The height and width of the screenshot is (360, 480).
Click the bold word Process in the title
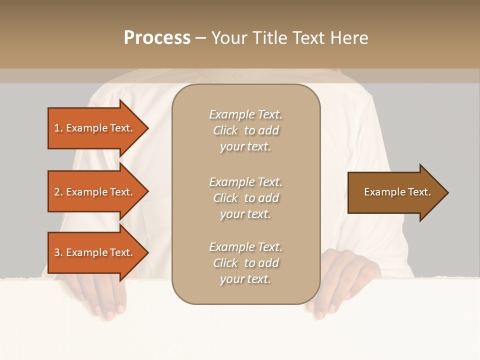pos(157,38)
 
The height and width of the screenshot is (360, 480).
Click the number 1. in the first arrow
pos(58,128)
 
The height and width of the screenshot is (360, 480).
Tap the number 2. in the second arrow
pos(58,192)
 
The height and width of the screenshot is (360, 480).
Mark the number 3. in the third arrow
pos(58,252)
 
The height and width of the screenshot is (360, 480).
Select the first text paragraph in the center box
pos(245,130)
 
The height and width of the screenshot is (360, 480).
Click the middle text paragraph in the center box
pos(245,198)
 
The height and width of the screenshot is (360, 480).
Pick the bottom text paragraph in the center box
pos(245,263)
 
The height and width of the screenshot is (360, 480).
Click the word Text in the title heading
pos(309,38)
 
